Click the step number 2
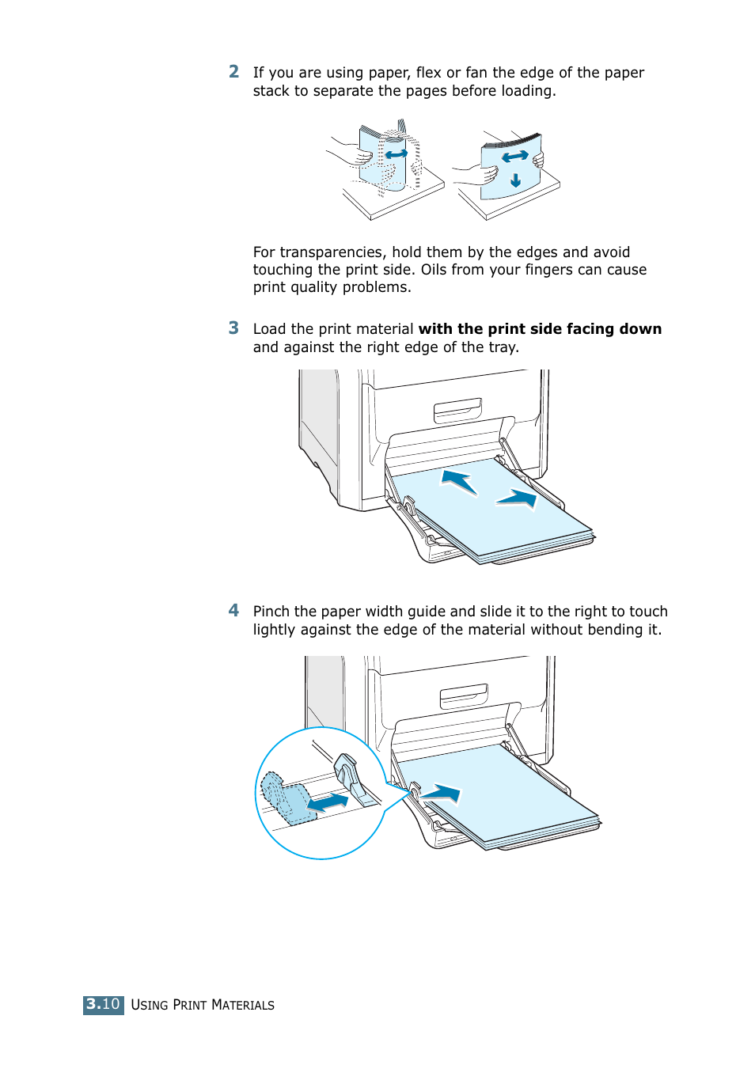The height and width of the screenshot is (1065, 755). click(233, 72)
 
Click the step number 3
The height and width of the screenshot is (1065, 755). click(233, 328)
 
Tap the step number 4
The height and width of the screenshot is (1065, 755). click(233, 610)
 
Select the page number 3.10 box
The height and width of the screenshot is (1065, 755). click(103, 1004)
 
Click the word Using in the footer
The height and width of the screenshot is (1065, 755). click(150, 1005)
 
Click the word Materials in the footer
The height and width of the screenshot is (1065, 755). click(243, 1005)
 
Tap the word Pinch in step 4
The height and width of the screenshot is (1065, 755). click(271, 612)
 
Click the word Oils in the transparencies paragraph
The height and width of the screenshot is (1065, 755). click(434, 270)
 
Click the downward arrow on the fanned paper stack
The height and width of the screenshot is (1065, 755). click(515, 180)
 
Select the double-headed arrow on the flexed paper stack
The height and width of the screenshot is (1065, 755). click(396, 153)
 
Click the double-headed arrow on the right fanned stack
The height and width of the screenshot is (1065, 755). click(515, 157)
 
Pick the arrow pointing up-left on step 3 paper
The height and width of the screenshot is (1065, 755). click(459, 481)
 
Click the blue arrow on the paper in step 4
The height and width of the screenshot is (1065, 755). click(441, 792)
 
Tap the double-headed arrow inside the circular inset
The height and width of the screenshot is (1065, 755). click(328, 802)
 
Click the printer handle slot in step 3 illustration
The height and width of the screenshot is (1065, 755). click(457, 410)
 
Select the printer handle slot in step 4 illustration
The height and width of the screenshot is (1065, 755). click(464, 695)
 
